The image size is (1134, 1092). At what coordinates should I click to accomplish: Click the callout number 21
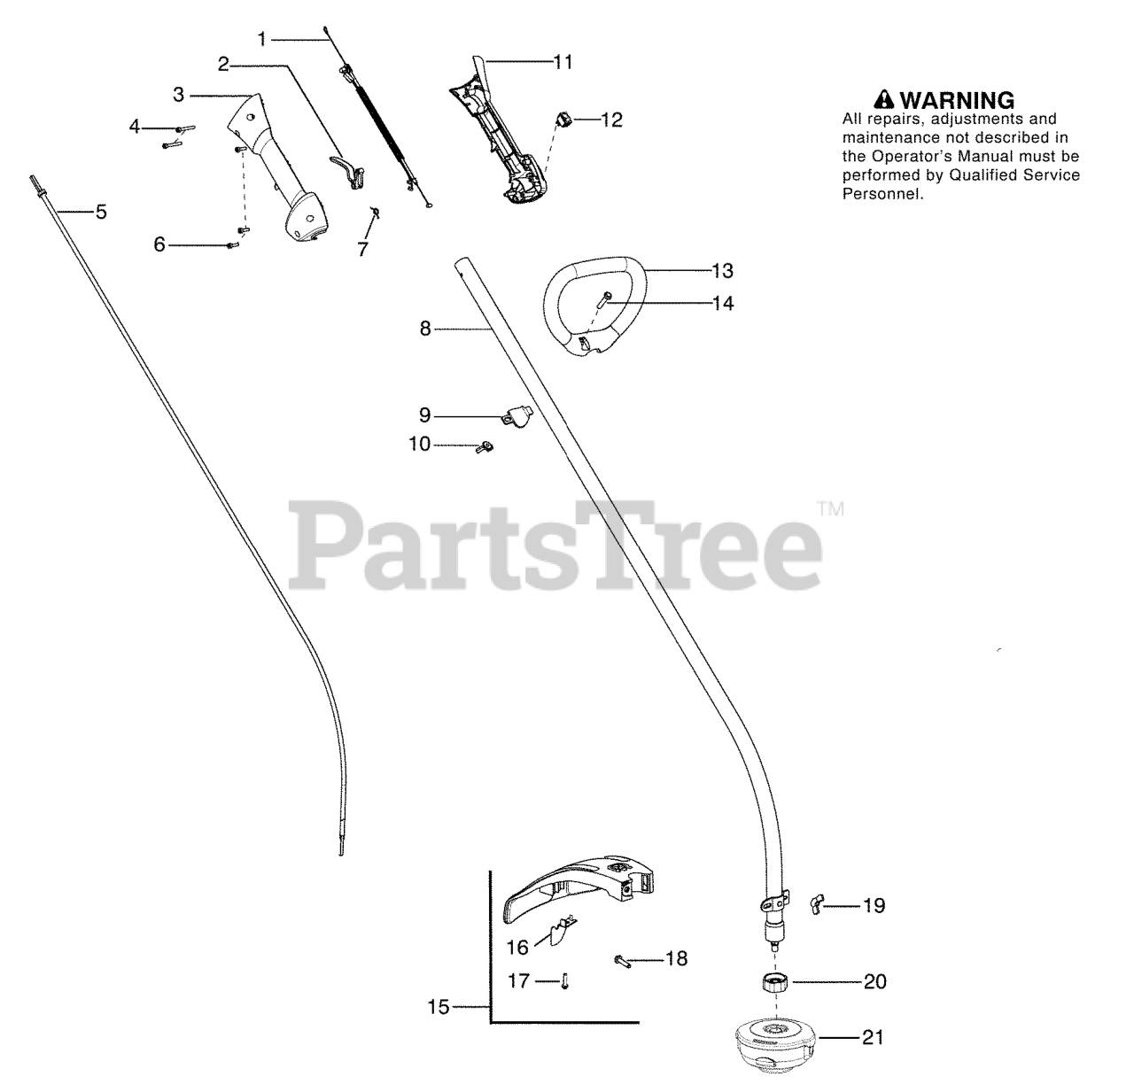(x=873, y=1037)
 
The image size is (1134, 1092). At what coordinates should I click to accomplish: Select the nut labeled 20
(x=776, y=983)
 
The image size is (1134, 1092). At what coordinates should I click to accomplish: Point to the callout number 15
(x=439, y=1007)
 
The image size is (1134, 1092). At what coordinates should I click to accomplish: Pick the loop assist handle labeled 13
(x=591, y=306)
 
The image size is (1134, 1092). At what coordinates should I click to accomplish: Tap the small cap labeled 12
(x=563, y=117)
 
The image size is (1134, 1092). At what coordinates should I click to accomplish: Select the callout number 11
(x=563, y=63)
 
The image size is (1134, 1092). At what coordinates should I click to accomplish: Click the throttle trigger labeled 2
(x=350, y=167)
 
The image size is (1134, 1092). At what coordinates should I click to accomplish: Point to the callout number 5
(x=101, y=213)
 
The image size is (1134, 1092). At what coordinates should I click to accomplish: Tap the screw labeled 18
(x=624, y=959)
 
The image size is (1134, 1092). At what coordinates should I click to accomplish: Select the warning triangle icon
(x=882, y=98)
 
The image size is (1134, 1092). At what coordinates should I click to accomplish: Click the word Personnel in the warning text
(x=882, y=194)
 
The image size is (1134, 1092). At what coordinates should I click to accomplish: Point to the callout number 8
(x=425, y=329)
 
